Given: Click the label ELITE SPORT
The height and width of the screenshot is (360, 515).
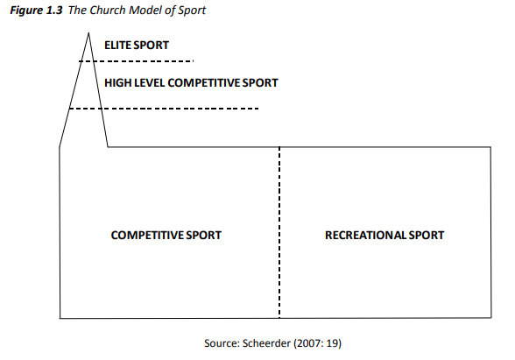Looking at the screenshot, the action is [x=137, y=45].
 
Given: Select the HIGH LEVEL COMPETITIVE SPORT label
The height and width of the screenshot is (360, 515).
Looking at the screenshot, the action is [x=191, y=82].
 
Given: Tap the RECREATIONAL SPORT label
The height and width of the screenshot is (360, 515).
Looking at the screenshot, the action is [x=384, y=235].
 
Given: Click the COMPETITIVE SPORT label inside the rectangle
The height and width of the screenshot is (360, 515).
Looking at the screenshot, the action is [x=166, y=235].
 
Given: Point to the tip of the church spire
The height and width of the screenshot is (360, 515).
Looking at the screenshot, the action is [x=88, y=32].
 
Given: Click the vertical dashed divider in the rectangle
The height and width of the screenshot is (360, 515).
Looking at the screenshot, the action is [x=279, y=233].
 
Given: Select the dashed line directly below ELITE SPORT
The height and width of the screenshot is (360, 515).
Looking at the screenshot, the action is [x=137, y=61].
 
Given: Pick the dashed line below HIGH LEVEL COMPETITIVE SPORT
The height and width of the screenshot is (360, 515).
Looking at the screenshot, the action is [x=164, y=109].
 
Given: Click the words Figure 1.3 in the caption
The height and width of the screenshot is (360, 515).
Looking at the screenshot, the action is [x=36, y=11].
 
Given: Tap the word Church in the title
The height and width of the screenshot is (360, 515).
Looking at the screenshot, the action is [x=108, y=11].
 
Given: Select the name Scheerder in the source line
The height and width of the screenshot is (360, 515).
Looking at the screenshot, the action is [x=266, y=343].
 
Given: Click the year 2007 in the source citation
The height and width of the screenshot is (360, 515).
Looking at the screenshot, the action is [x=309, y=343].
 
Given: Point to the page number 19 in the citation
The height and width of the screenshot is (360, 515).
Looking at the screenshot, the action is [x=333, y=343].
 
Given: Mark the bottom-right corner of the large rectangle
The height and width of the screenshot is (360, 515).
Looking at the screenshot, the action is [x=491, y=318].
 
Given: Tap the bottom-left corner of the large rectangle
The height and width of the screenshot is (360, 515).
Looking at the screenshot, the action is [x=60, y=318].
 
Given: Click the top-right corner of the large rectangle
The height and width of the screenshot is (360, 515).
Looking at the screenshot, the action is [x=491, y=147].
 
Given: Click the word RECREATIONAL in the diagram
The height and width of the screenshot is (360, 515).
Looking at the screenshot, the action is [x=365, y=235].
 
